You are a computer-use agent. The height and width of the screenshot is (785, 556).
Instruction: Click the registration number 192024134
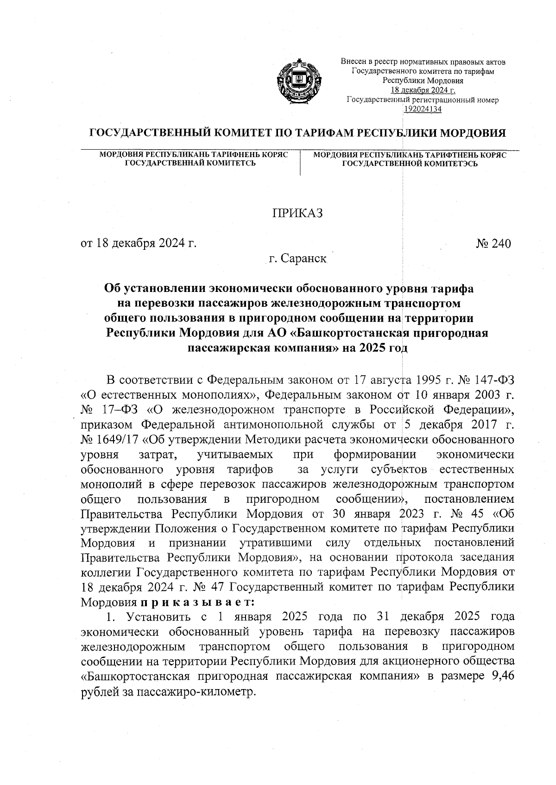click(423, 109)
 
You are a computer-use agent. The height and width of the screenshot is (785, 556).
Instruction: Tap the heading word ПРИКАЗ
click(297, 213)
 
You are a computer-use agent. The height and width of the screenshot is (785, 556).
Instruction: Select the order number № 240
click(493, 243)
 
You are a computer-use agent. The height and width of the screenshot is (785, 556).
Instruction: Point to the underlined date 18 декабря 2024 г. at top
click(423, 90)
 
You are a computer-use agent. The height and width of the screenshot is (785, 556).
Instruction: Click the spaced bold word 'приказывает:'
click(197, 602)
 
